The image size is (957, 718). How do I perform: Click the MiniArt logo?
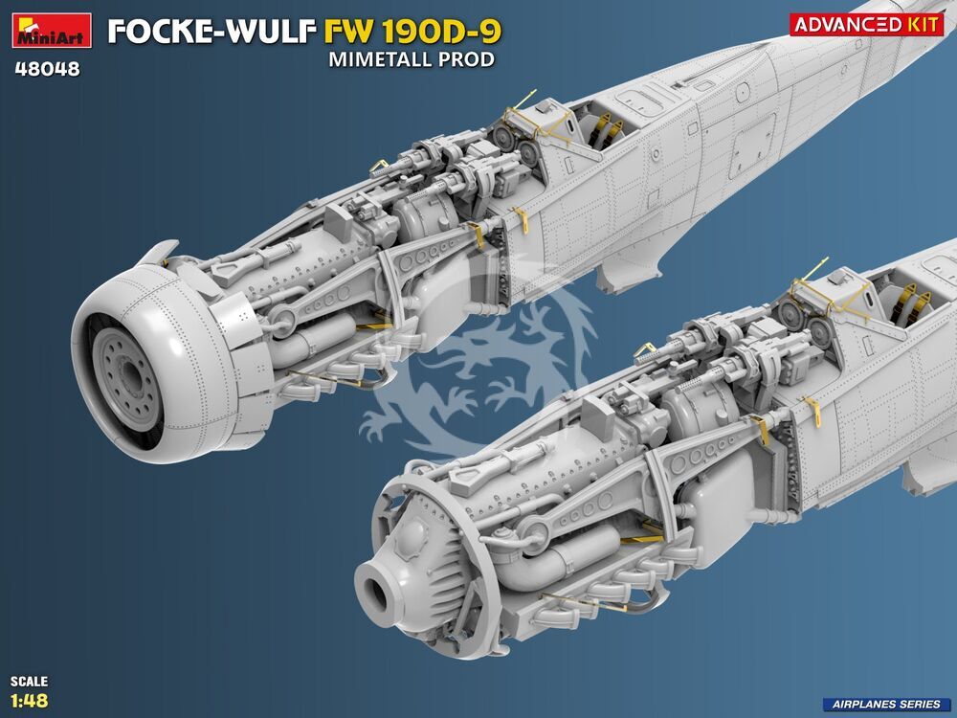tap(52, 30)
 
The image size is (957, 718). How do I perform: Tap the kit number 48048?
tap(48, 69)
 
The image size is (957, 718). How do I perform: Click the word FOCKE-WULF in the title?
tap(211, 32)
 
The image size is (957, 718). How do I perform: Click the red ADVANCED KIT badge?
tap(867, 25)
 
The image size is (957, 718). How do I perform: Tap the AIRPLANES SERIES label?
tap(885, 704)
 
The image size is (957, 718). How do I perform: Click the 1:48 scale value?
tap(29, 700)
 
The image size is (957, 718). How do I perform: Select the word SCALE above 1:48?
tap(29, 681)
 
